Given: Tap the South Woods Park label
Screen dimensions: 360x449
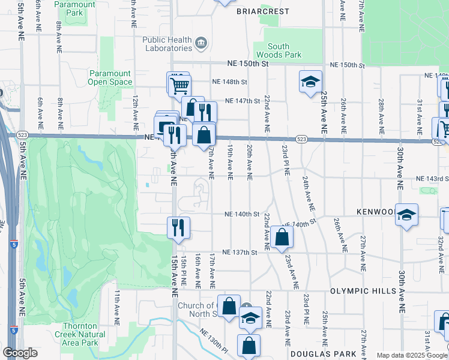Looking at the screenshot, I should (279, 50).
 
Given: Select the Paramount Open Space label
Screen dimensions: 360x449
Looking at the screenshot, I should (110, 77).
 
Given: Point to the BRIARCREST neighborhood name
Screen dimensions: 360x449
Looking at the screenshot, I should (262, 11).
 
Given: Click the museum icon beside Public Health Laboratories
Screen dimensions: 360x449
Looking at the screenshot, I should (201, 43).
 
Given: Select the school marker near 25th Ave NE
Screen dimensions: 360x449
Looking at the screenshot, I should (310, 82).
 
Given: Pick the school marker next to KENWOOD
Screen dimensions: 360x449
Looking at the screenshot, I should (406, 215).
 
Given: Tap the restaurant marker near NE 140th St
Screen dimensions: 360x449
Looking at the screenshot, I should (179, 227).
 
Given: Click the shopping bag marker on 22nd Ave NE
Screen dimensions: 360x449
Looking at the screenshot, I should (282, 237).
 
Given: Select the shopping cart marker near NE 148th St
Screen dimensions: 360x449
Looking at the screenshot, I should (178, 84).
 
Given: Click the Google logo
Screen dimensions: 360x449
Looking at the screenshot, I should (20, 353).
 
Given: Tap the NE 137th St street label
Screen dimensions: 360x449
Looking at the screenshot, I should (241, 253).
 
